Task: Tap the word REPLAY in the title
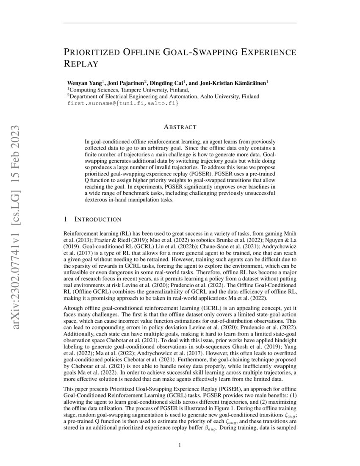point(81,64)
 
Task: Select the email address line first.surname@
point(120,103)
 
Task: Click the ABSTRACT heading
point(180,127)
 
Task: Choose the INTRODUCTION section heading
point(98,219)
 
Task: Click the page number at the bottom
point(180,445)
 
